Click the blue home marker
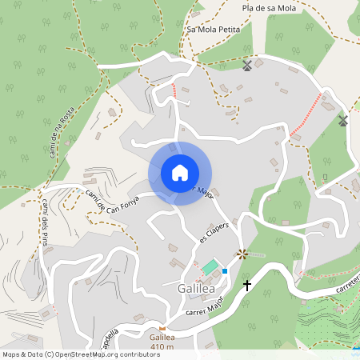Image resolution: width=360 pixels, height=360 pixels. click(179, 173)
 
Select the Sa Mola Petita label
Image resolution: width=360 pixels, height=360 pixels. click(213, 29)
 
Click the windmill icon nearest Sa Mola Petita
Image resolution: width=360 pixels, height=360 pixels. click(247, 66)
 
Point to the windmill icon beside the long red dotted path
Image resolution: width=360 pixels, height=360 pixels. click(343, 121)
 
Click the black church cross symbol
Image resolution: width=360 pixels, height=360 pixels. click(247, 284)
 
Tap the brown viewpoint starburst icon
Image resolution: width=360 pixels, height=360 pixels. click(242, 254)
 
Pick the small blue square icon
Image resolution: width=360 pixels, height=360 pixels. click(225, 271)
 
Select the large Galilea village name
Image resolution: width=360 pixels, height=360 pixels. click(193, 288)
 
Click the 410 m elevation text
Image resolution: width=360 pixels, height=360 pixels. click(162, 346)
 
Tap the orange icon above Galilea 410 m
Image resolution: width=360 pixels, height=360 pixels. click(162, 328)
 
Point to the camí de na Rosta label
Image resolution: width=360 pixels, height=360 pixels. click(62, 131)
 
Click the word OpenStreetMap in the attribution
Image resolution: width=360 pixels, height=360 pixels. click(86, 354)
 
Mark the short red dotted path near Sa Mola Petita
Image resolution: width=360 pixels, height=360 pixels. click(174, 90)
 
